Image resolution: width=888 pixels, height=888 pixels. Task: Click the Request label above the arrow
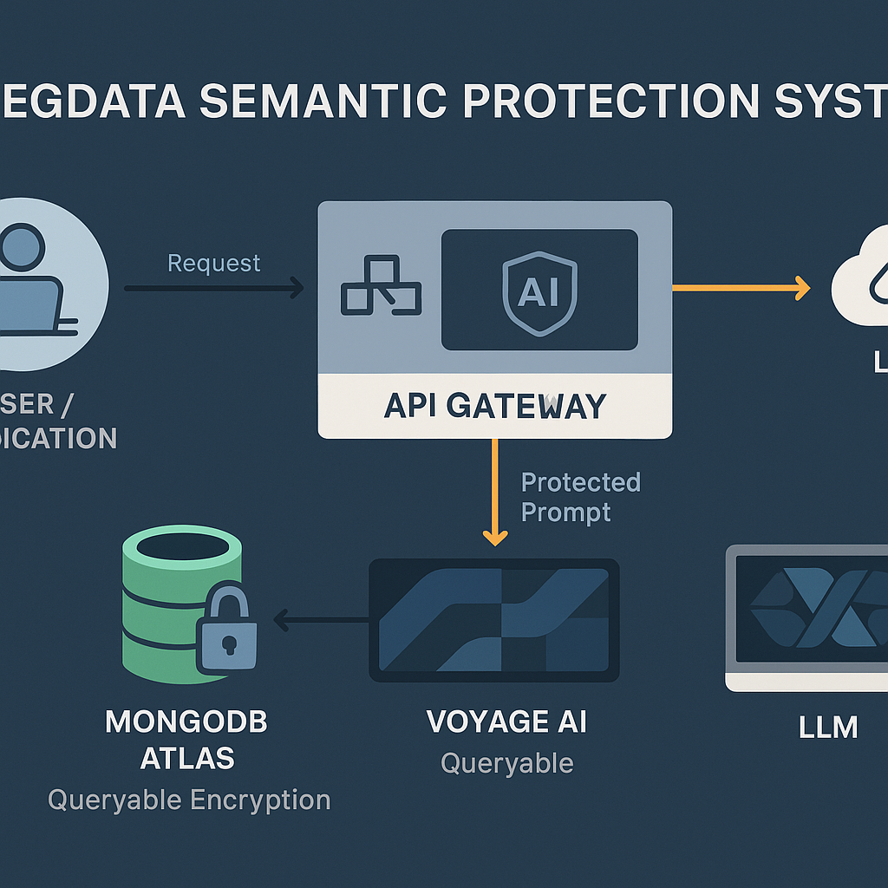tap(213, 263)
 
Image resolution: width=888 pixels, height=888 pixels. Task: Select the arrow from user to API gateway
tap(213, 288)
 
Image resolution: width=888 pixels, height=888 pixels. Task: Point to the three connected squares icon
tap(381, 285)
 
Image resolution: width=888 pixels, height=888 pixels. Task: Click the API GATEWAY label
tap(494, 406)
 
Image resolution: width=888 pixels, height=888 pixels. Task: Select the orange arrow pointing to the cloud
tap(741, 288)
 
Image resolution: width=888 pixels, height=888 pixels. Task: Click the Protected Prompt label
tap(579, 497)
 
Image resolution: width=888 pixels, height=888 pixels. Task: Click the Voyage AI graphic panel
tap(493, 619)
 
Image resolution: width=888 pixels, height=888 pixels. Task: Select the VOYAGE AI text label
tap(506, 721)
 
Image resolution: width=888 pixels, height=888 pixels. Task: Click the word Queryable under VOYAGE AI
tap(506, 763)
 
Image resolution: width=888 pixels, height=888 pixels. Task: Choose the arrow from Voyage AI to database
tap(321, 619)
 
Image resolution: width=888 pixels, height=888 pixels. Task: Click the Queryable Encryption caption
tap(189, 800)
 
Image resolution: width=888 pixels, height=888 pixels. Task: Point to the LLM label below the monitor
tap(827, 727)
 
